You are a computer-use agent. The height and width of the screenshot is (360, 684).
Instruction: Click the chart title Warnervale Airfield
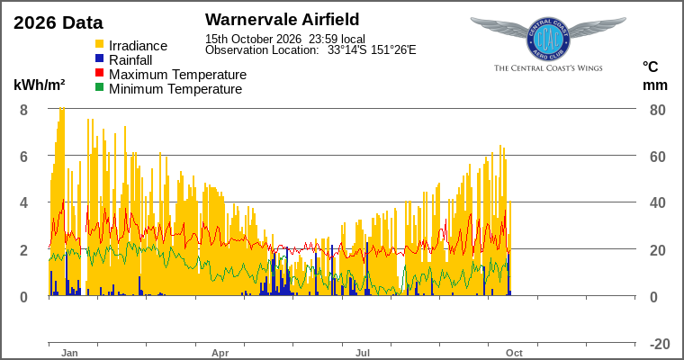[x=283, y=20]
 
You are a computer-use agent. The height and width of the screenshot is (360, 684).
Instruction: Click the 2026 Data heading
[x=58, y=22]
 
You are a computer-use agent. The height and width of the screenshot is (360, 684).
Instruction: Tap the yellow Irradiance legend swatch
[x=100, y=44]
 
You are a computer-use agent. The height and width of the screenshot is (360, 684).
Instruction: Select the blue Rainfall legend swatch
[x=100, y=58]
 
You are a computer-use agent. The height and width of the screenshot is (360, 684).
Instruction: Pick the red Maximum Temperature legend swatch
[x=100, y=72]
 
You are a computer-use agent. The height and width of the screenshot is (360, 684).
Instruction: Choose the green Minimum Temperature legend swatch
[x=100, y=86]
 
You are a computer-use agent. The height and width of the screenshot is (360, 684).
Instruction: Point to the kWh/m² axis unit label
[x=40, y=85]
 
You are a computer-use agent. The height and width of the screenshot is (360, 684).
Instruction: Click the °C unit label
[x=650, y=67]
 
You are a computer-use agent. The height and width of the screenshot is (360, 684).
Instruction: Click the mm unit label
[x=655, y=85]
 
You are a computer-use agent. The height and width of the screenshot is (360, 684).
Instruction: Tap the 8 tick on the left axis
[x=23, y=110]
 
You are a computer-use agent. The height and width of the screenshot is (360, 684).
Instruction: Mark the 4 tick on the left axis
[x=23, y=202]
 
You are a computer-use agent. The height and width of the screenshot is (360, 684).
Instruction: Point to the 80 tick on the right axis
[x=657, y=110]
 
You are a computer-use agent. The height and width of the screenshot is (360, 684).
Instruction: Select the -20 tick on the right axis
[x=660, y=344]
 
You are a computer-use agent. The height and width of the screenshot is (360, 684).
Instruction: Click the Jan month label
[x=69, y=353]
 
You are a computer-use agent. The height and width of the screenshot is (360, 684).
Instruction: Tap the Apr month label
[x=220, y=353]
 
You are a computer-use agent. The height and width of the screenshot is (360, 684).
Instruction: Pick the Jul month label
[x=363, y=353]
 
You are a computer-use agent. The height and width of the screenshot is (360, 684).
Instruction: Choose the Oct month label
[x=514, y=353]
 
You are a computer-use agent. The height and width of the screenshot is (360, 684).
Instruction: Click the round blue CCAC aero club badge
[x=548, y=39]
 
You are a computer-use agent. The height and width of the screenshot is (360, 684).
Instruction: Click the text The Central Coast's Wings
[x=548, y=68]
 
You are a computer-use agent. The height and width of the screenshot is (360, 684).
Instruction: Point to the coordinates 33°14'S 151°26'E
[x=372, y=50]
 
